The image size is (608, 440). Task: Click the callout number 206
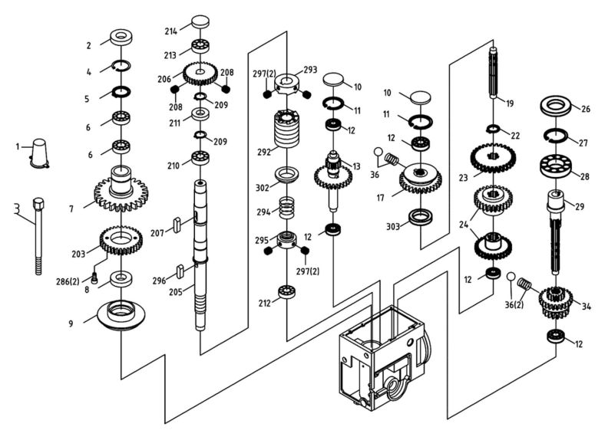pos(164,79)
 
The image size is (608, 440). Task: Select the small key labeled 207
pos(177,224)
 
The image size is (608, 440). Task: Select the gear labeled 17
pos(420,180)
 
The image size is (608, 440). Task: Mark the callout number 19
pos(510,103)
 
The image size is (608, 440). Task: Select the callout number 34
pos(587,307)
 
